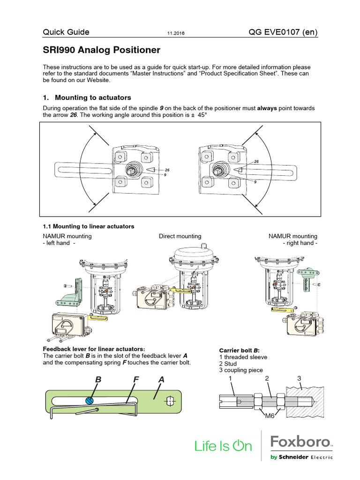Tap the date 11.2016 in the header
click(175, 33)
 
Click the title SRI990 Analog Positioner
click(102, 50)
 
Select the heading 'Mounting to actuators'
click(93, 97)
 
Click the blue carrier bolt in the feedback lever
click(90, 400)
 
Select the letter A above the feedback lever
click(161, 379)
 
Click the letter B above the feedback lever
click(98, 379)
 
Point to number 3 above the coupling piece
click(299, 378)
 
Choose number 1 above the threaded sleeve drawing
click(230, 378)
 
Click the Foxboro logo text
click(301, 442)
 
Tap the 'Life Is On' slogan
click(223, 446)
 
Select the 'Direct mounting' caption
click(180, 236)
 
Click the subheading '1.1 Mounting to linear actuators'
click(89, 226)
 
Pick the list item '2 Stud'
click(228, 363)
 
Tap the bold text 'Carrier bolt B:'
click(240, 350)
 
